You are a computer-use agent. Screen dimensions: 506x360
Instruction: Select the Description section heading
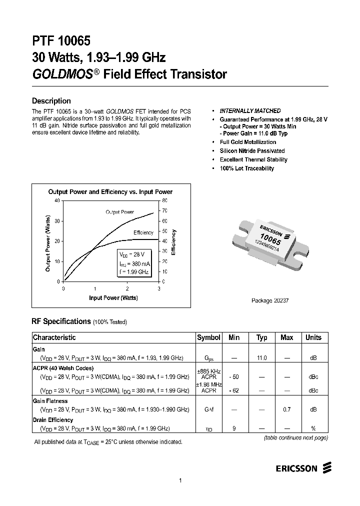(51, 100)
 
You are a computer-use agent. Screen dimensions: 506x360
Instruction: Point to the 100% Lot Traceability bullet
(247, 168)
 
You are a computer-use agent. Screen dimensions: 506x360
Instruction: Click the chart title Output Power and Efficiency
(110, 192)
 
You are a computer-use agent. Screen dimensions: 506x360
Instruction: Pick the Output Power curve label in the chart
(119, 212)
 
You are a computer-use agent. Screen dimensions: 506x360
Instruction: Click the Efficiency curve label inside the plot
(143, 233)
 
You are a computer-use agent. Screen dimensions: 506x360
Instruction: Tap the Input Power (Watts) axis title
(113, 298)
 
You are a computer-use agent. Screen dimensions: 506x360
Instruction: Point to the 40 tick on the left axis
(57, 200)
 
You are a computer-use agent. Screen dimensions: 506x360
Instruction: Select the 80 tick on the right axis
(164, 200)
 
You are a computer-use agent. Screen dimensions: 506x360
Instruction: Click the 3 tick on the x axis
(159, 289)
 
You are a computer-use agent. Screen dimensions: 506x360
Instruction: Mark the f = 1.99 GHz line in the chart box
(134, 271)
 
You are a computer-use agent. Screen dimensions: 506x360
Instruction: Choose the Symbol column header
(208, 337)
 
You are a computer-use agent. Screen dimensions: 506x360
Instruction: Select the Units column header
(313, 337)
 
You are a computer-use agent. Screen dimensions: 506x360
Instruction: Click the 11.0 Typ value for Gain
(262, 358)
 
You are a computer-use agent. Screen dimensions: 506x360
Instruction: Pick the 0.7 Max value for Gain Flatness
(287, 409)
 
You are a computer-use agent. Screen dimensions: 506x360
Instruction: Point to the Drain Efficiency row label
(53, 420)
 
